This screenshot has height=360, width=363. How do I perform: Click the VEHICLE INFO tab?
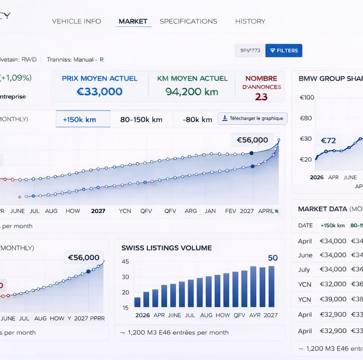pos(77,21)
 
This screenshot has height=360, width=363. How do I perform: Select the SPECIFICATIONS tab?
pos(188,21)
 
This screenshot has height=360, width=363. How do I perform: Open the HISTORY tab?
pos(250,21)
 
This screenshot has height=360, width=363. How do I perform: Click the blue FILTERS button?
pos(284,51)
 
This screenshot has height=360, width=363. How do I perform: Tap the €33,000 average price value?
pos(99,91)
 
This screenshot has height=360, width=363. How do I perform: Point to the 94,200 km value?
pos(192,91)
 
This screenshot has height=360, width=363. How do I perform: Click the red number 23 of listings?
pos(261,97)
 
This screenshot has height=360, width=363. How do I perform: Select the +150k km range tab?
pos(79,120)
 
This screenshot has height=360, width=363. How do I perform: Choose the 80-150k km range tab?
pos(141,120)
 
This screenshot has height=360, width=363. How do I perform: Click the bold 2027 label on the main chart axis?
pos(98,211)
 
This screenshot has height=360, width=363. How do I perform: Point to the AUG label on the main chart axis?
pos(51,211)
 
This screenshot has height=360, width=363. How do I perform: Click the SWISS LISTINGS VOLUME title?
pos(166,248)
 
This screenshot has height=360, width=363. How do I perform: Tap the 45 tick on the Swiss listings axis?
pos(125,262)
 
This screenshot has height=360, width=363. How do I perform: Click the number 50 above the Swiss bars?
pos(273,258)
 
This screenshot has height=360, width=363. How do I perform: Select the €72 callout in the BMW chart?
pos(328,140)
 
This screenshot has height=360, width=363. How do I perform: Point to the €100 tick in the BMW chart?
pos(307,97)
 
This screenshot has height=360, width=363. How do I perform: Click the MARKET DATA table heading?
pos(322,209)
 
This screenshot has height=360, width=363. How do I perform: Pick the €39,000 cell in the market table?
pos(333,299)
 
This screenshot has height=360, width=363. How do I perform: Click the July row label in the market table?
pos(304,269)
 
